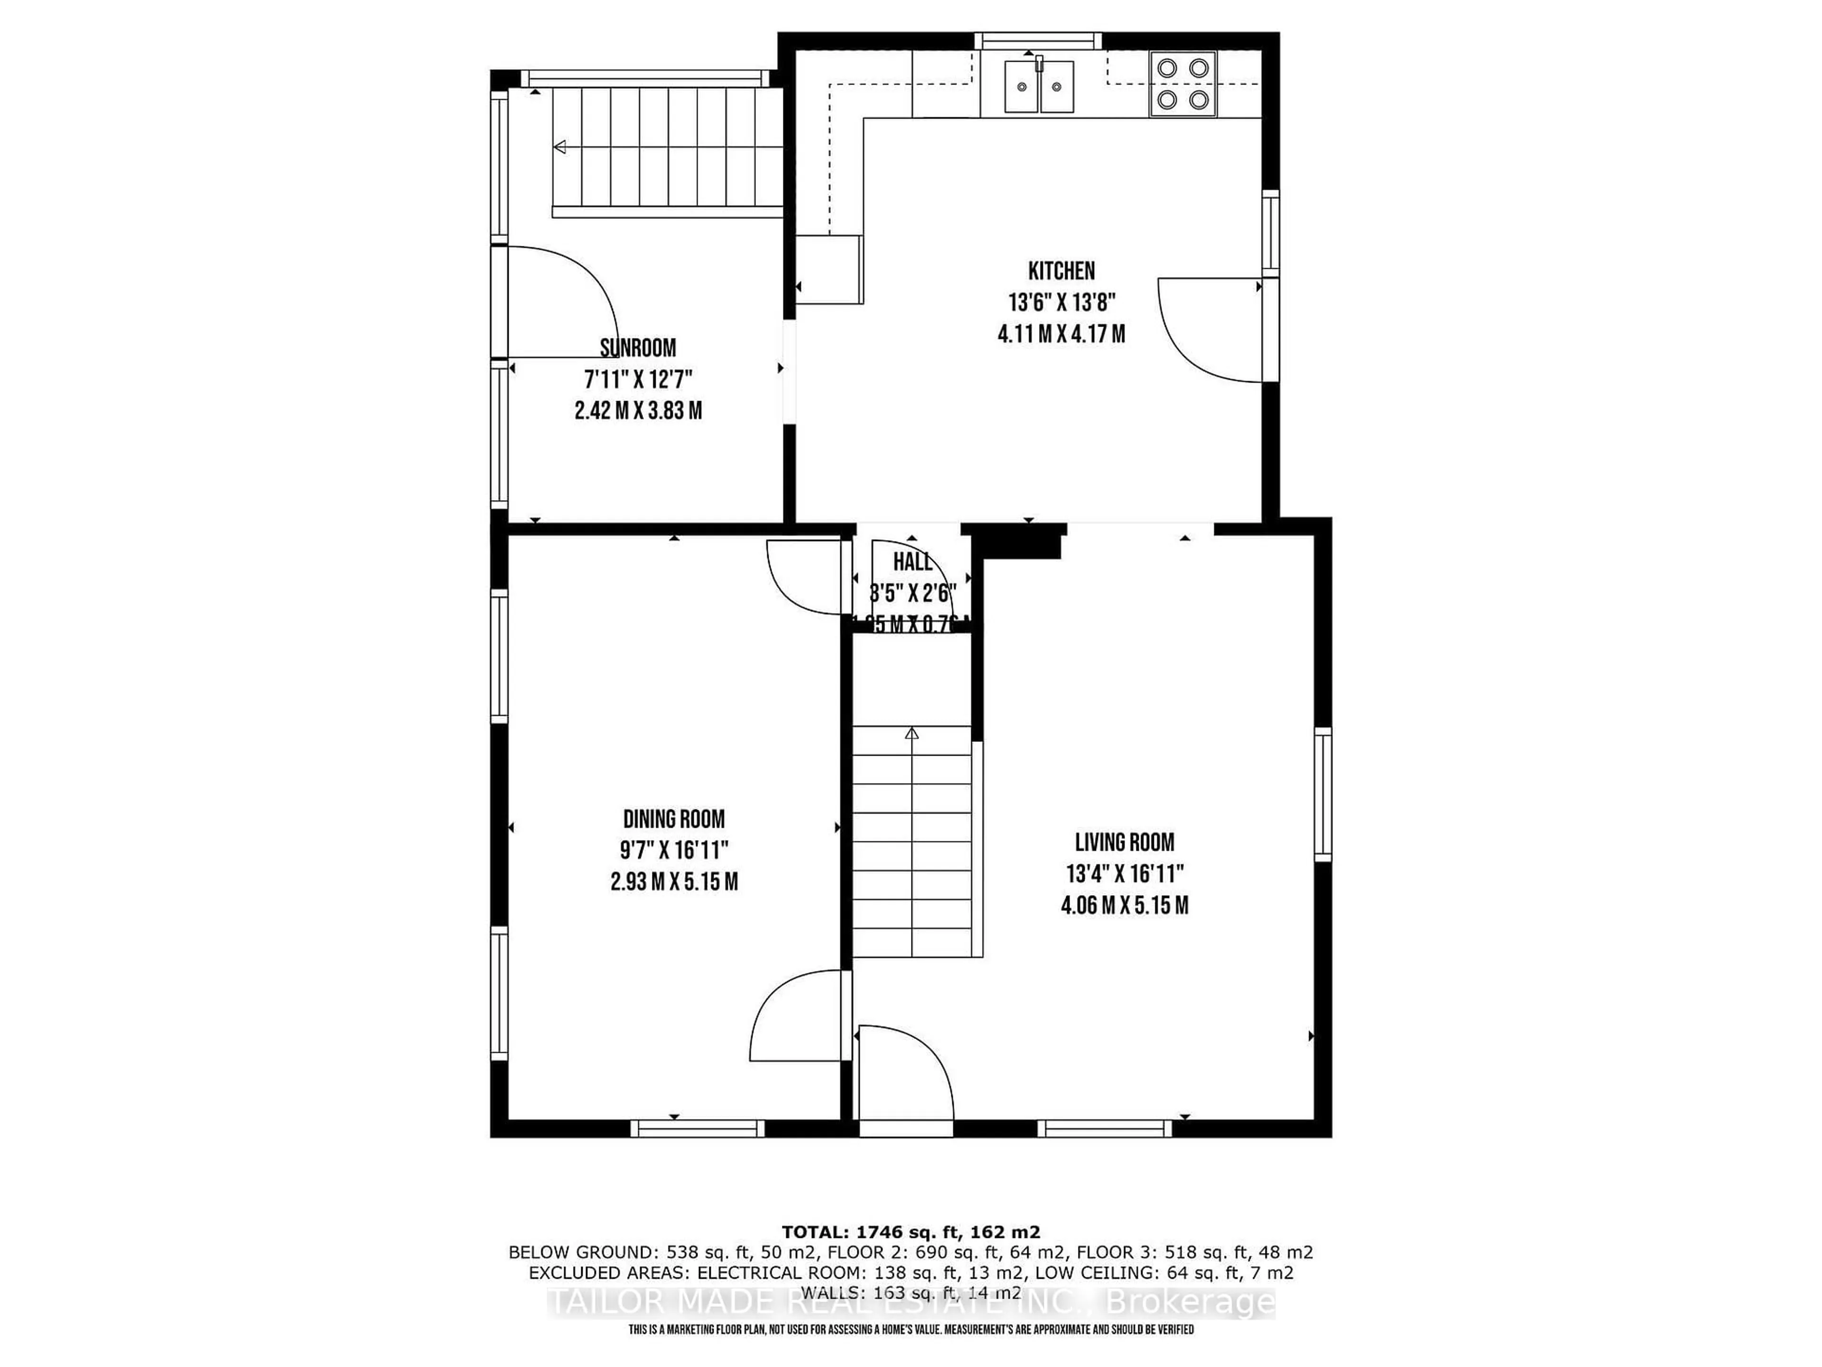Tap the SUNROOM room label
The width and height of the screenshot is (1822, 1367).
click(638, 348)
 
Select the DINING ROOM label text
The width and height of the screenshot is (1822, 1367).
click(674, 819)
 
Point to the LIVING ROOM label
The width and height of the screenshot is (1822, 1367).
click(1125, 842)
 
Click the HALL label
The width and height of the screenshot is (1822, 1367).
click(912, 562)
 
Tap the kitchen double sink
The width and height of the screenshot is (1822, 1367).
click(1039, 86)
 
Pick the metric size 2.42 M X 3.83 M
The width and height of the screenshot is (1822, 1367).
click(638, 411)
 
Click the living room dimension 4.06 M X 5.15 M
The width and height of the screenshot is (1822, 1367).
click(1125, 906)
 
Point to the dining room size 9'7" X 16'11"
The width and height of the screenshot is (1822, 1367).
click(674, 850)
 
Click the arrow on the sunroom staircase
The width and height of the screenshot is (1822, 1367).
click(560, 148)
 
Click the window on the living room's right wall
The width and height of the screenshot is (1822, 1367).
click(1322, 794)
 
